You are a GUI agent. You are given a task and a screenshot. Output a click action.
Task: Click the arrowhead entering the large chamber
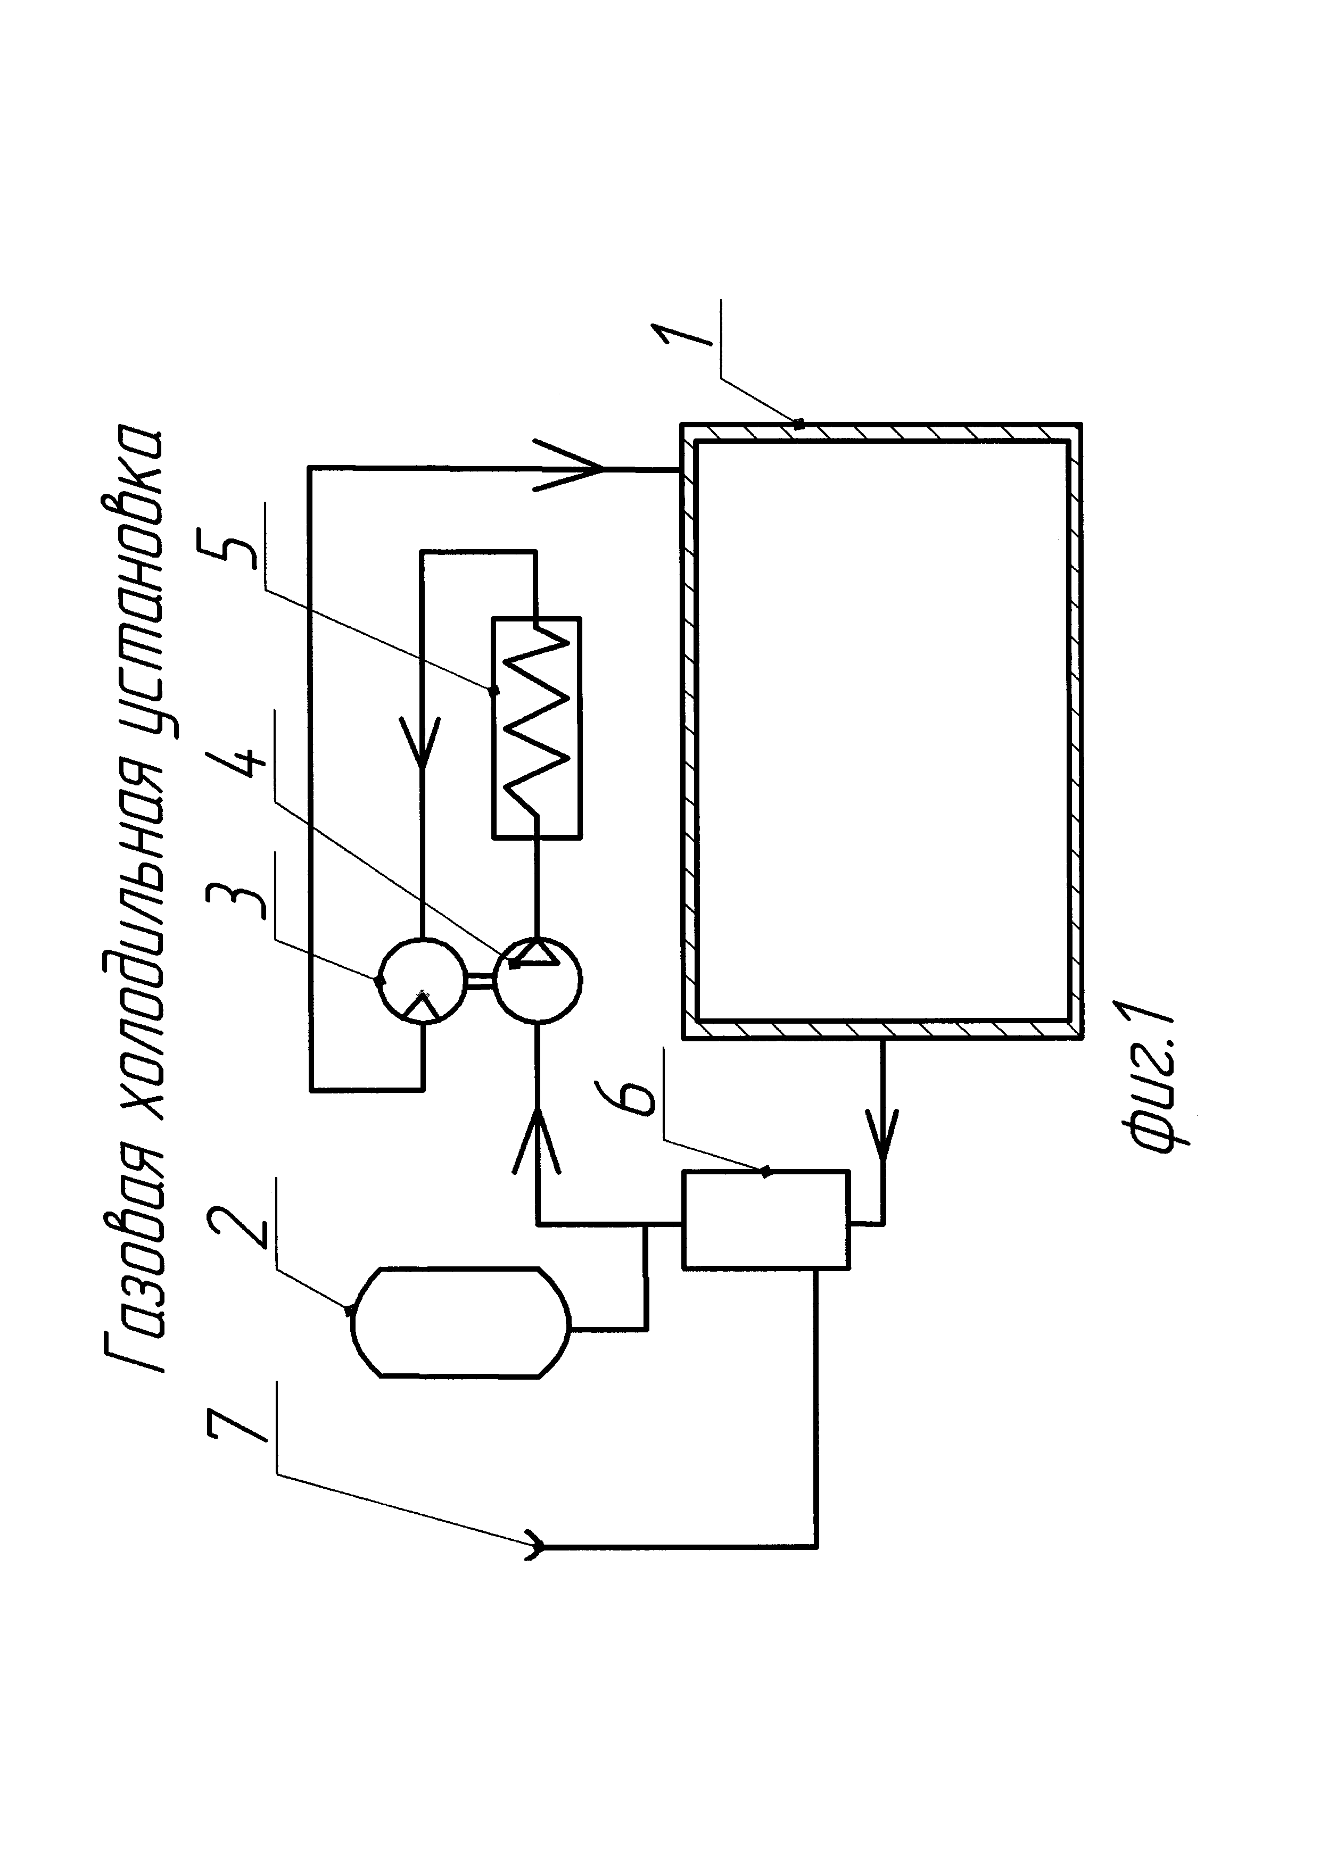(x=569, y=468)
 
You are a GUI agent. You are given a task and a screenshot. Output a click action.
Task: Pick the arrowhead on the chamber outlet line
(x=882, y=1132)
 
